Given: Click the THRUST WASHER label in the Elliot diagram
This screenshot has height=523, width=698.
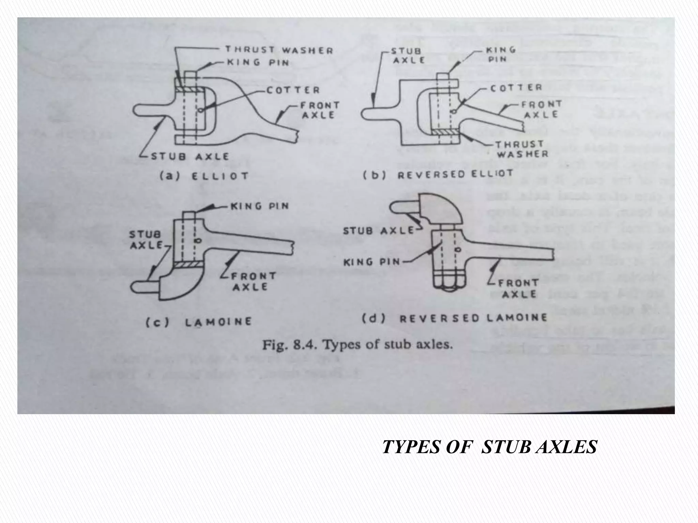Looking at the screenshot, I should coord(279,51).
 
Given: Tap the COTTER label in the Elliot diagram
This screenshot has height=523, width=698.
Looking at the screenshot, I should coord(293,90).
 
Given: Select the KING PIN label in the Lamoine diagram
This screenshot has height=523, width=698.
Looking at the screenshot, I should coord(260,206).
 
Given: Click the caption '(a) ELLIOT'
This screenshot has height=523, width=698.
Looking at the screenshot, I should coord(204,176).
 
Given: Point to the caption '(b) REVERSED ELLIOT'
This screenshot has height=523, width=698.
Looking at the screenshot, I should coord(438,174).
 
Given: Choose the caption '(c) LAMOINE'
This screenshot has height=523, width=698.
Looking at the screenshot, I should coord(199,322).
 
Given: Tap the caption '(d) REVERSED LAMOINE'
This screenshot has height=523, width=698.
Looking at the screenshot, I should coord(454,319).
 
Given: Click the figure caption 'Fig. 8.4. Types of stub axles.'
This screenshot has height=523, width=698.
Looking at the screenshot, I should coord(358,345).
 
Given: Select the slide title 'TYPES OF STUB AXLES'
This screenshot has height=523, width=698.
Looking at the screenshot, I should coord(490,447).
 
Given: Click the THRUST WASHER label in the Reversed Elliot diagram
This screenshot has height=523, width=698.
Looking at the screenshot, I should coord(522,149).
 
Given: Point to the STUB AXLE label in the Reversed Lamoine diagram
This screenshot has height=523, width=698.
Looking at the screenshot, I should coord(378,231).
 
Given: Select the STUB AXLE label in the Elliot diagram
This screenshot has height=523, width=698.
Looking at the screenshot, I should coord(190,157).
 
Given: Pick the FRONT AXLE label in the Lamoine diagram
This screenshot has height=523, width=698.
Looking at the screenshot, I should coord(253,281).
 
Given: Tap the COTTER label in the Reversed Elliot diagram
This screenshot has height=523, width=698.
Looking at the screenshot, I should coord(516,88).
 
